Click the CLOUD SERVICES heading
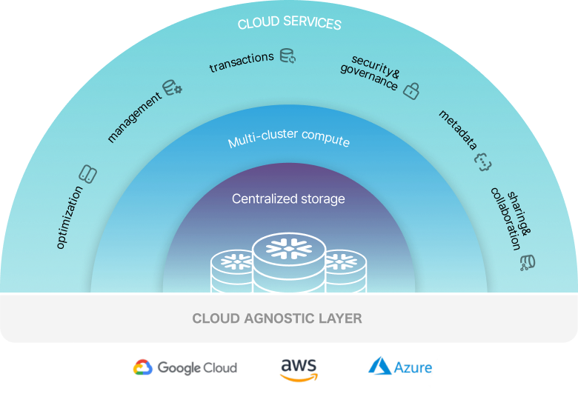(289, 24)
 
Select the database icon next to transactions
(288, 56)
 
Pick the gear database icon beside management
(173, 87)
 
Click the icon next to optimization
(87, 175)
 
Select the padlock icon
(411, 90)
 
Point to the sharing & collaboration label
(511, 218)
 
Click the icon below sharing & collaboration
(528, 261)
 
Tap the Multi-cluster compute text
(288, 140)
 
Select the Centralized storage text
(288, 198)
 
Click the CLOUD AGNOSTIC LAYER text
(277, 319)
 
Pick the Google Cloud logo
(185, 367)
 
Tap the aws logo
(299, 368)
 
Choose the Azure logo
(400, 367)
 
